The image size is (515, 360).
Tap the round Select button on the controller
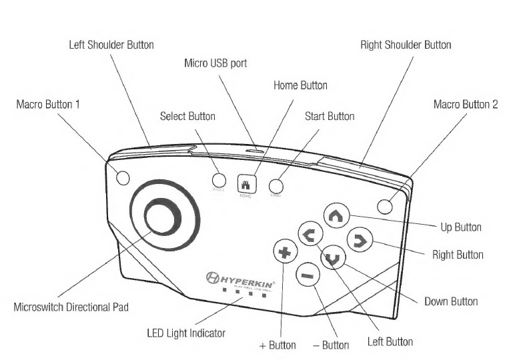219,179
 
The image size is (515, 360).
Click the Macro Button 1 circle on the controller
122,177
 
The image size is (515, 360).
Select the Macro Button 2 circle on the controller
385,205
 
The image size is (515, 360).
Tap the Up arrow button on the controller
336,215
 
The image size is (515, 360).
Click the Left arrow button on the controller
310,234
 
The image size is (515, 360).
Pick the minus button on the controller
308,274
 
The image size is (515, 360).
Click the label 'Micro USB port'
215,63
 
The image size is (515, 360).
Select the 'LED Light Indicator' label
186,333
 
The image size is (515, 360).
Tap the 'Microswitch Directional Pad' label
71,307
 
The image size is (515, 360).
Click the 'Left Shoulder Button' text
111,45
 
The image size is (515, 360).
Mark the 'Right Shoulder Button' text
406,45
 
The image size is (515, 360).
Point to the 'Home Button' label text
300,85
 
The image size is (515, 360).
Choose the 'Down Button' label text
451,301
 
